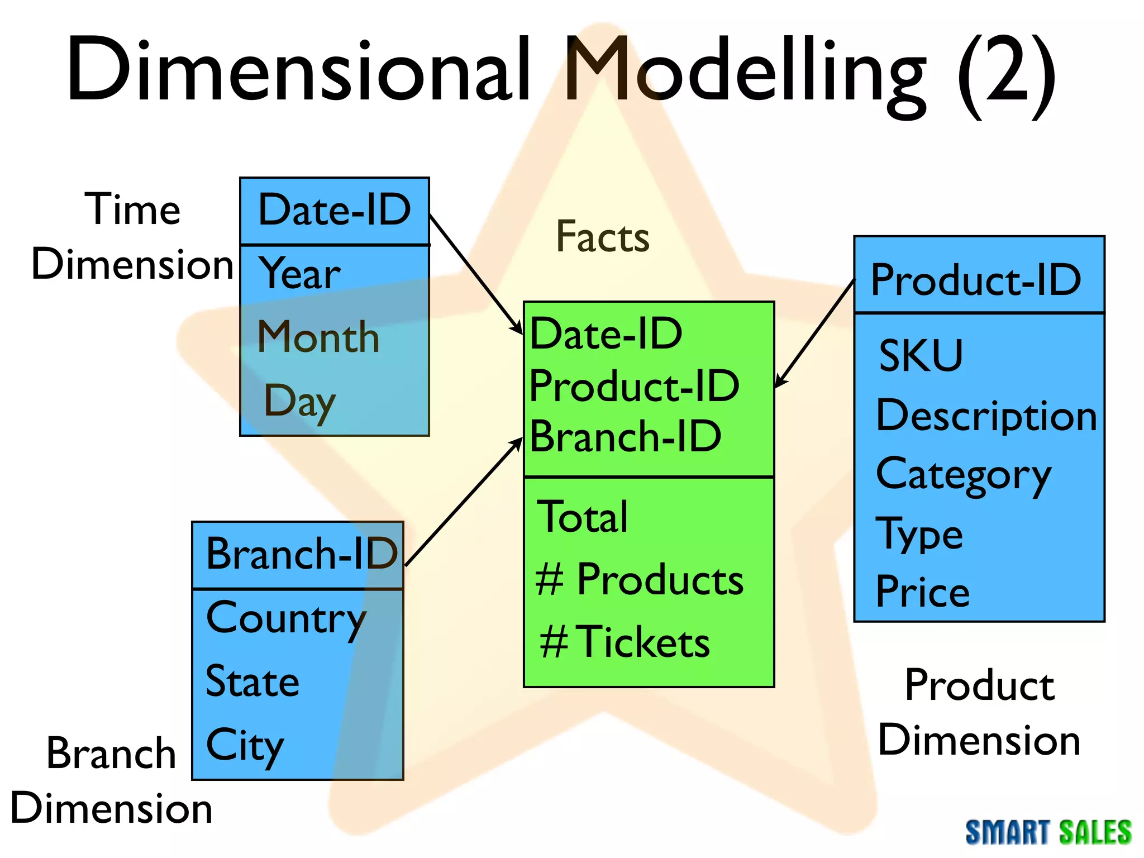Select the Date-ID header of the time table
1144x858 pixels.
click(x=335, y=211)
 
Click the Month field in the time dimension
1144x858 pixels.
click(x=318, y=337)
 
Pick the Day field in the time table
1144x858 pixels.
click(x=300, y=401)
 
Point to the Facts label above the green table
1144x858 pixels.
click(x=603, y=237)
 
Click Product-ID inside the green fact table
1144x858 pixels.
click(x=634, y=386)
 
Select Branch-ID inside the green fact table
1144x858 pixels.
click(x=626, y=437)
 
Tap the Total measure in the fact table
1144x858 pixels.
click(x=582, y=517)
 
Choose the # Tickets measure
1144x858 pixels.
click(x=625, y=642)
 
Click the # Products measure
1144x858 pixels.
click(x=639, y=580)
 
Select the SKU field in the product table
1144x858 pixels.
click(x=921, y=356)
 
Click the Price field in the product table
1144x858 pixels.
click(x=922, y=592)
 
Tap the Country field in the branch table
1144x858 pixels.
click(x=286, y=619)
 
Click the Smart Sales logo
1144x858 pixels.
click(x=1048, y=832)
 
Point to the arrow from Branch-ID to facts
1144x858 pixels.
click(x=464, y=503)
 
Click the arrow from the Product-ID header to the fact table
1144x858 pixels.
click(x=816, y=333)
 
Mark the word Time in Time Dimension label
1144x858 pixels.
click(x=133, y=209)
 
